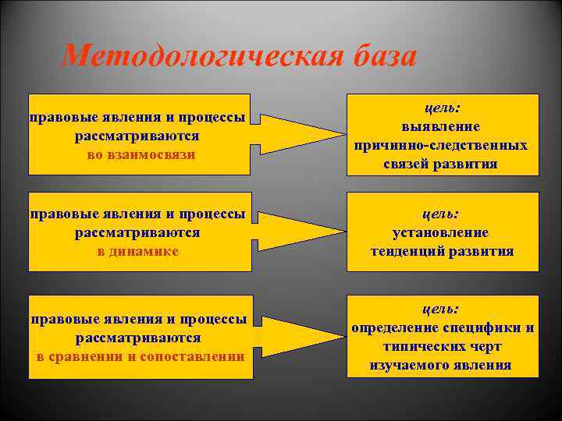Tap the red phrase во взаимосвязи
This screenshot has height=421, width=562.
[x=140, y=155]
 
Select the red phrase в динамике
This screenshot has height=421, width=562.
[x=138, y=251]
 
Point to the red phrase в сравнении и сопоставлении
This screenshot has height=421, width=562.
[x=140, y=356]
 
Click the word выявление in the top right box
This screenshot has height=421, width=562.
[x=441, y=126]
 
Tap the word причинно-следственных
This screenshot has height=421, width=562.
[x=441, y=146]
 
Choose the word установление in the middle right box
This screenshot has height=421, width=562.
[x=441, y=232]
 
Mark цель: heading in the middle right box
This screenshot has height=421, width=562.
[x=442, y=213]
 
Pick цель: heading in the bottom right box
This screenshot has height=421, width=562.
[x=442, y=309]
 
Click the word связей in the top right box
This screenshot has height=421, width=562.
[x=407, y=165]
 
